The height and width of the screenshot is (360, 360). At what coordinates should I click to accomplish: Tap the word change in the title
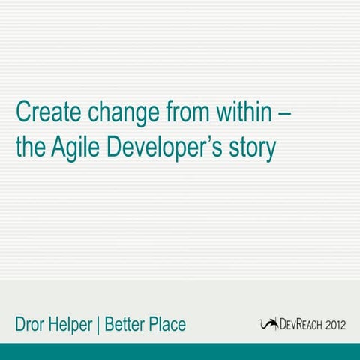tap(124, 113)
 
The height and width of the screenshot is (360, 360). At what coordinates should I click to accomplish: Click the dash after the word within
tap(286, 113)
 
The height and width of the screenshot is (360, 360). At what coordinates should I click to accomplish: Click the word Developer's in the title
tap(169, 148)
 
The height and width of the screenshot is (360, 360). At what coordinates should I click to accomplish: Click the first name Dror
tap(33, 325)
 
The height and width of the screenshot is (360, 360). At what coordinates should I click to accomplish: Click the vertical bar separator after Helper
tap(100, 325)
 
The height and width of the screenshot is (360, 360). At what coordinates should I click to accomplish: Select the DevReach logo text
tap(300, 325)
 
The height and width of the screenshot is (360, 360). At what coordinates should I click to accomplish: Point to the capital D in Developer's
tap(115, 146)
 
